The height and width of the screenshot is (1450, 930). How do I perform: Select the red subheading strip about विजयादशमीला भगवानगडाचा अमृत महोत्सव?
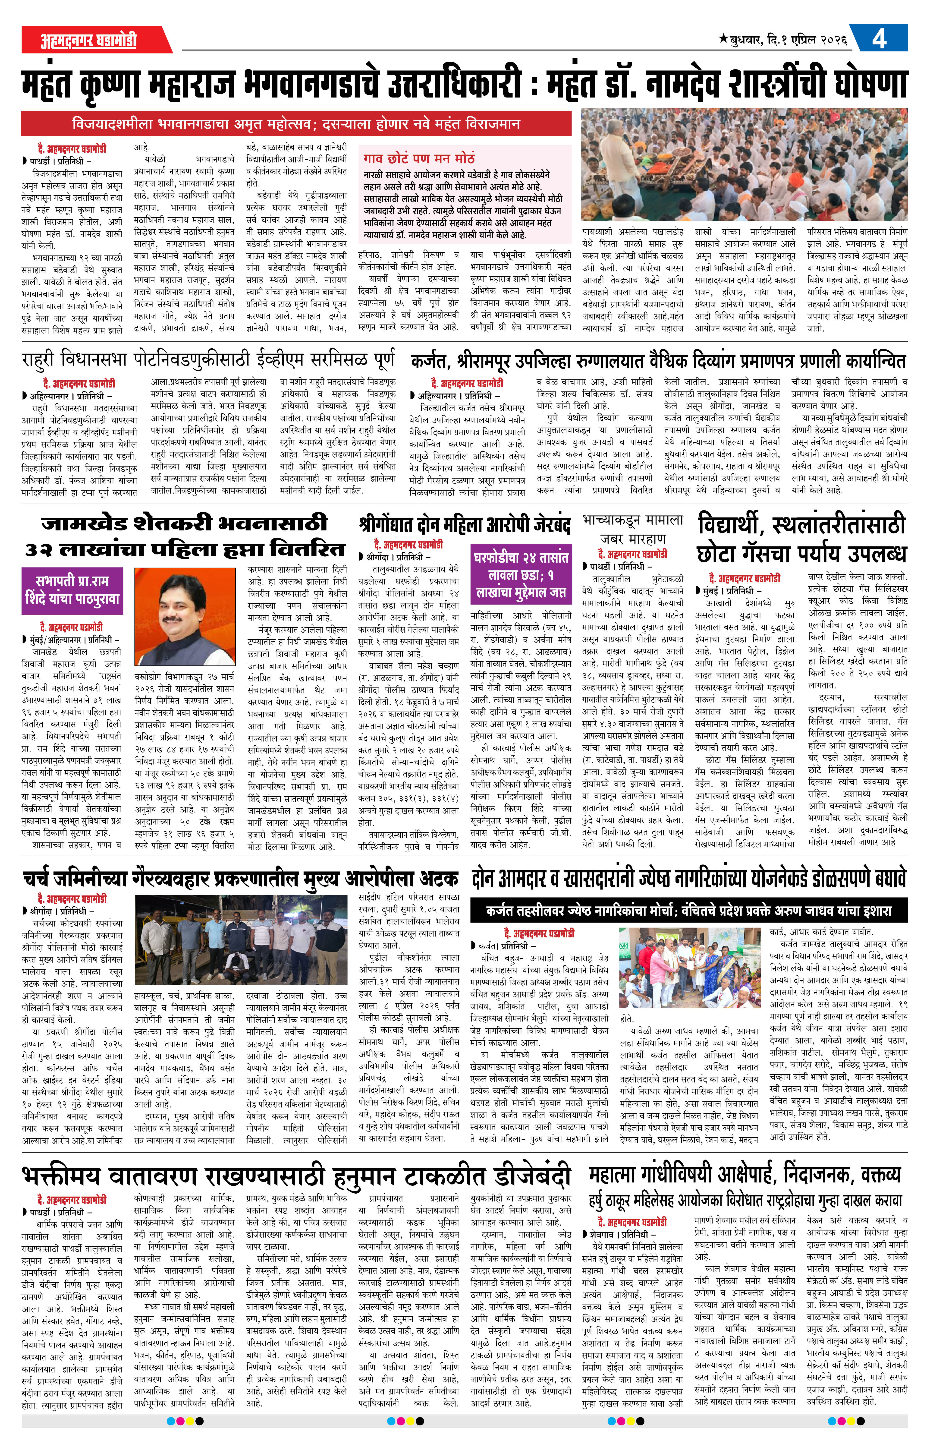point(296,124)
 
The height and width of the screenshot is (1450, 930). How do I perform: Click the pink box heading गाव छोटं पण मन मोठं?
point(419,158)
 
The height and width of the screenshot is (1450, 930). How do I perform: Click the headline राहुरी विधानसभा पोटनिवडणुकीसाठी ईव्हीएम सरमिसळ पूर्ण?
point(208,360)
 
